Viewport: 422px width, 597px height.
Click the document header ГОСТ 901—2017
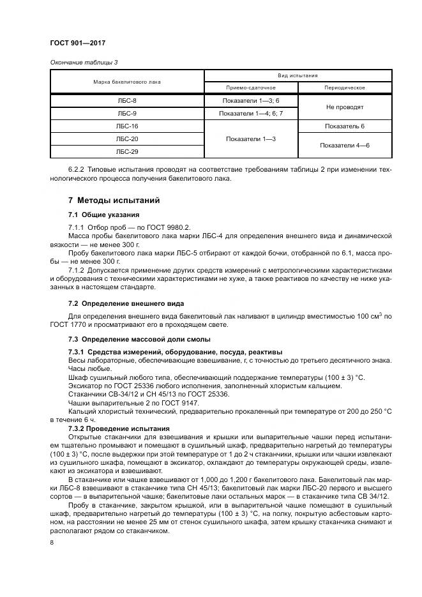tap(77, 43)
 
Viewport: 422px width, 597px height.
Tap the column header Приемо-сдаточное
tap(250, 87)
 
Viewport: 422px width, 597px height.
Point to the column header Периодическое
tap(344, 87)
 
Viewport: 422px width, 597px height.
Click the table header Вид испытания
tap(297, 75)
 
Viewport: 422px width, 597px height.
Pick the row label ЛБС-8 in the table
tap(126, 101)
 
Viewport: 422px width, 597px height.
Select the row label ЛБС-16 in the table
tap(126, 126)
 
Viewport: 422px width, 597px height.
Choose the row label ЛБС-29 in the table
tap(126, 152)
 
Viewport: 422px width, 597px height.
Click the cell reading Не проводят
tap(344, 107)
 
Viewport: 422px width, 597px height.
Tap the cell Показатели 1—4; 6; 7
tap(250, 114)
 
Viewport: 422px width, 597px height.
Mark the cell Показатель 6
tap(344, 126)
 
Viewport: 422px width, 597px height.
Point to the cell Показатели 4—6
tap(344, 146)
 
